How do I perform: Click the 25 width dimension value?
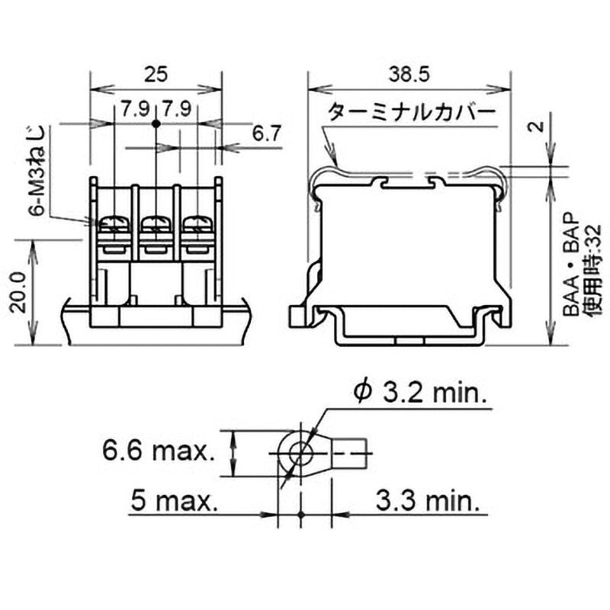coord(156,74)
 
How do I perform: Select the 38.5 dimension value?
coord(409,74)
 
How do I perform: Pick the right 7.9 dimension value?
coord(176,108)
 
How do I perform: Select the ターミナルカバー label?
coord(412,114)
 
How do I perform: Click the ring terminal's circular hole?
coord(300,452)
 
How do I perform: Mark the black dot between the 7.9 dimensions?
coord(156,122)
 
